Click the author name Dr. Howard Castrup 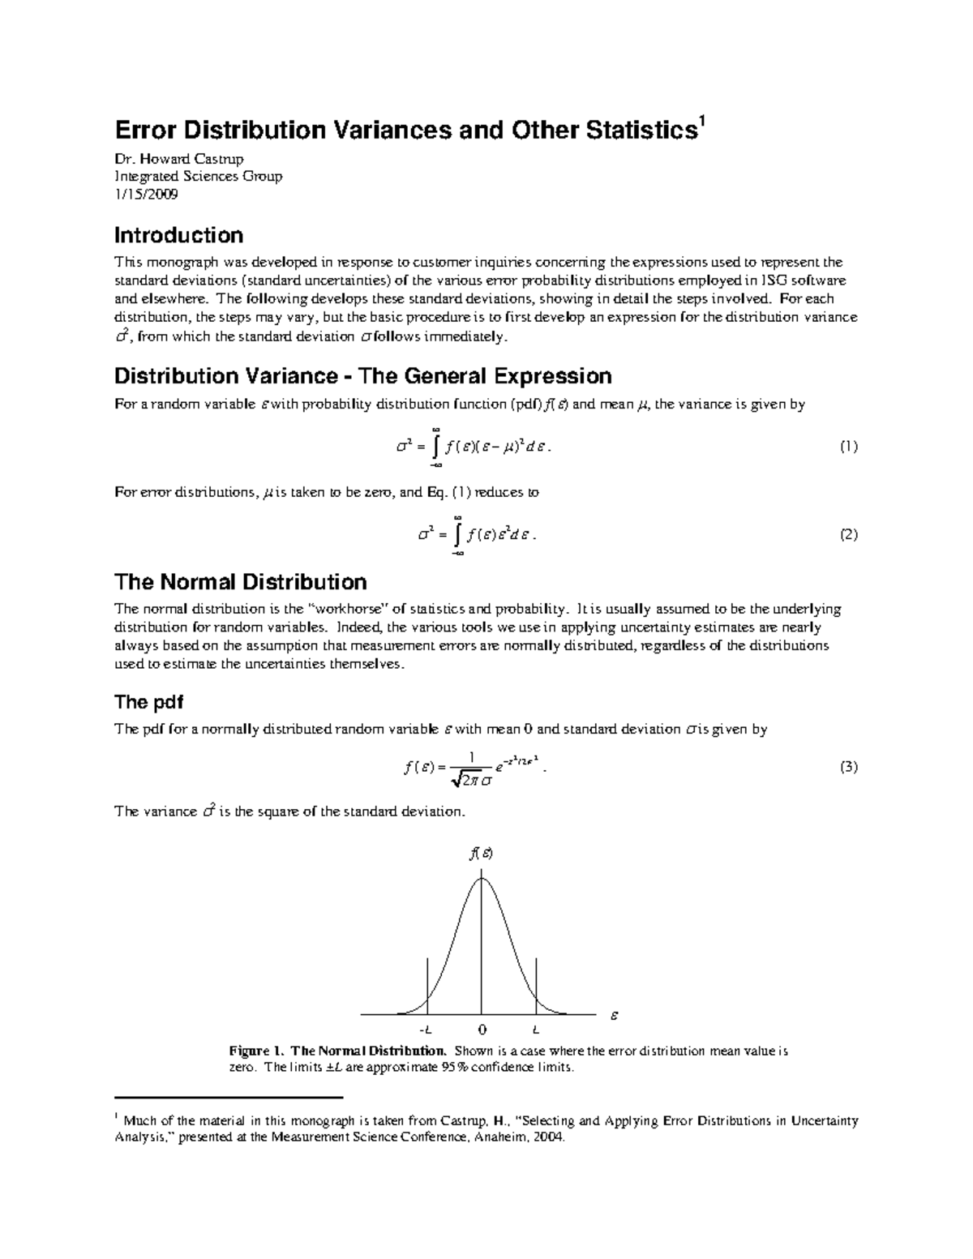pos(178,158)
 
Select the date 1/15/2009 pos(147,194)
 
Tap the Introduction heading pos(178,235)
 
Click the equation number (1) pos(848,447)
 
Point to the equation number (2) pos(848,535)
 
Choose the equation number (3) pos(848,767)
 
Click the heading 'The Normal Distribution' pos(240,582)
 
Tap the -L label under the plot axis pos(426,1030)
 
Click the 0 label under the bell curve pos(482,1030)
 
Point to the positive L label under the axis pos(536,1030)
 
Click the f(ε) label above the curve pos(482,853)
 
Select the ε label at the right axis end pos(614,1014)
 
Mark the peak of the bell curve pos(482,878)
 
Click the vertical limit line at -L pos(427,985)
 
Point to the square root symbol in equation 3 pos(453,780)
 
